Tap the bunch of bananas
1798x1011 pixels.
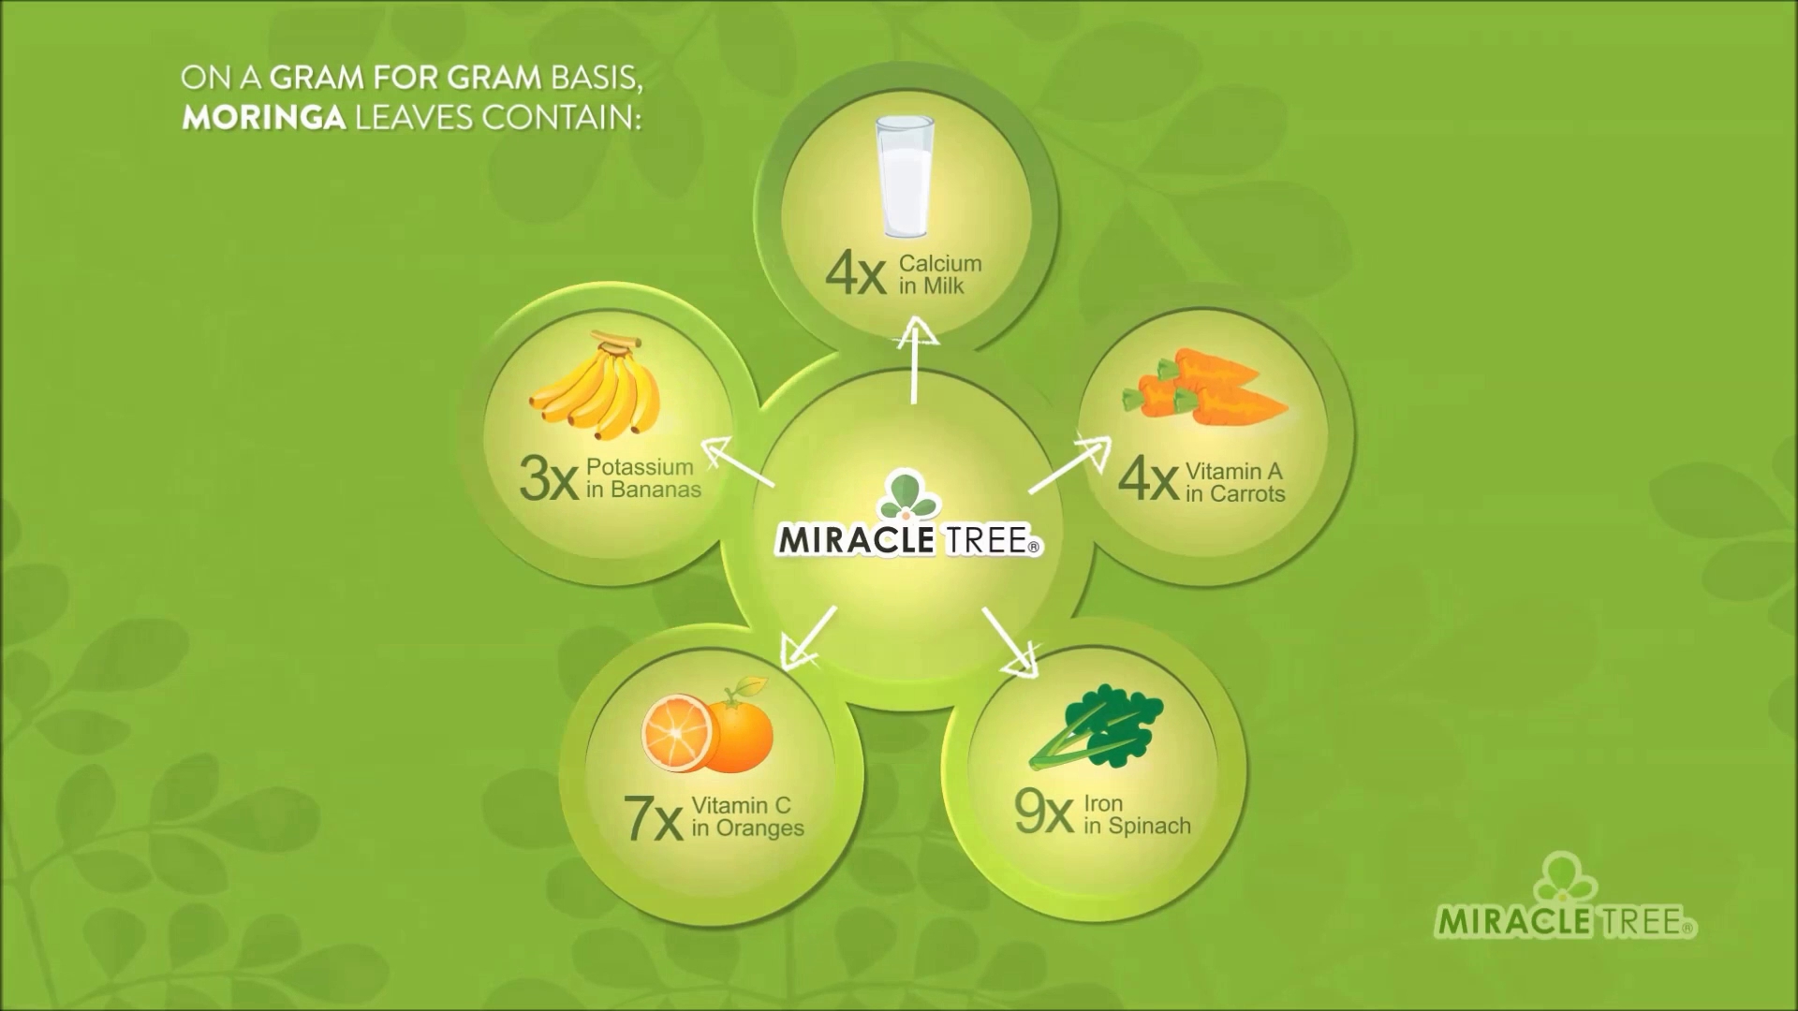596,387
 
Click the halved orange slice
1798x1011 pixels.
677,733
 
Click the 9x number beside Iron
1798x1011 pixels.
1043,812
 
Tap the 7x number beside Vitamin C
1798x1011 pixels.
653,818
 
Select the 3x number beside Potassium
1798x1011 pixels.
549,478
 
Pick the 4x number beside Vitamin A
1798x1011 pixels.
1148,480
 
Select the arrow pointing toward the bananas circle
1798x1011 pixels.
738,462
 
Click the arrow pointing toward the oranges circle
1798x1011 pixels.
808,637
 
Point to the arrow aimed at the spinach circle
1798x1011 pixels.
1010,642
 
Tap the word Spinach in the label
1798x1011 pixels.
1149,827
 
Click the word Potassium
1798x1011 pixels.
640,466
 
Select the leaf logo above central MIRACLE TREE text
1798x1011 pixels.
908,496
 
